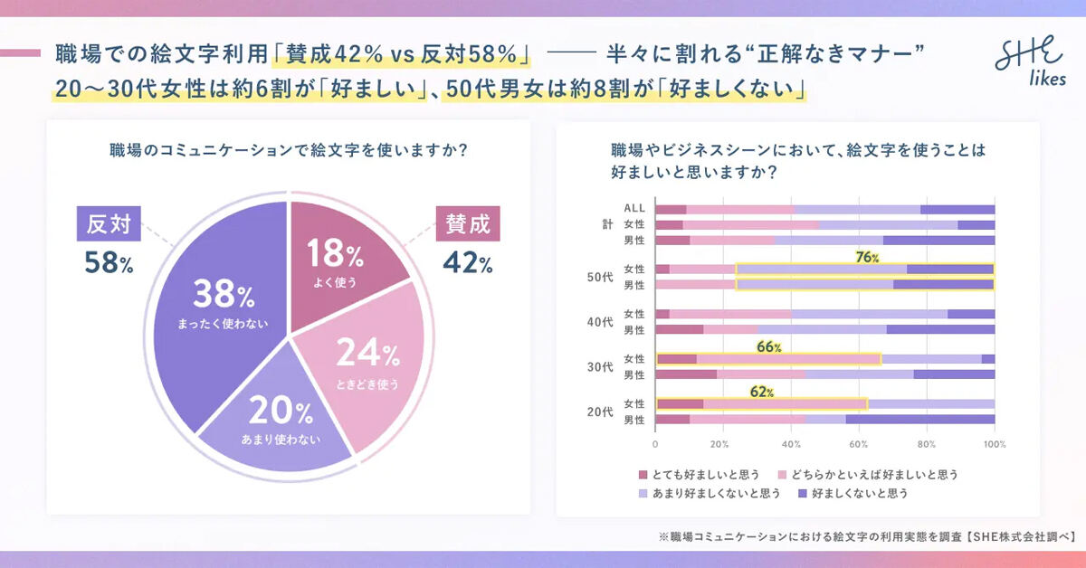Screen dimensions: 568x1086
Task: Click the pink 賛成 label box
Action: tap(468, 223)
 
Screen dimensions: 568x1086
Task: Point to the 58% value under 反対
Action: tap(109, 263)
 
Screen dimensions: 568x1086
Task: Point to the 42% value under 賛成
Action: tap(467, 263)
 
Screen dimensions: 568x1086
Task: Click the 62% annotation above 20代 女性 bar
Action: tap(762, 392)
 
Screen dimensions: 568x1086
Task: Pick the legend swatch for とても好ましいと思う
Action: tap(643, 474)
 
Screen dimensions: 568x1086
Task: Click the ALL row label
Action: tap(634, 209)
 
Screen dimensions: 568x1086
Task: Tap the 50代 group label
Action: tap(601, 277)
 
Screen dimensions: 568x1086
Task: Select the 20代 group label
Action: tap(601, 412)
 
